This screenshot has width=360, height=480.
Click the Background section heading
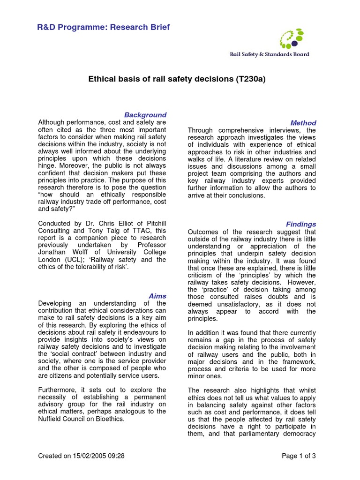(x=145, y=115)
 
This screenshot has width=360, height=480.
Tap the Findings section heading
(x=301, y=225)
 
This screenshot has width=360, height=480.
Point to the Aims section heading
(x=157, y=296)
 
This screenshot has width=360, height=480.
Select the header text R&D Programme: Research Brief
(x=103, y=27)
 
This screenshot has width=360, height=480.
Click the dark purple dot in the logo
(x=294, y=44)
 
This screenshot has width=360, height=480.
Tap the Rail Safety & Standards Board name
(x=269, y=54)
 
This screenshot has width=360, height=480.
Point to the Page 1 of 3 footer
(x=299, y=456)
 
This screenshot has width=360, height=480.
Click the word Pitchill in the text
(x=151, y=224)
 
